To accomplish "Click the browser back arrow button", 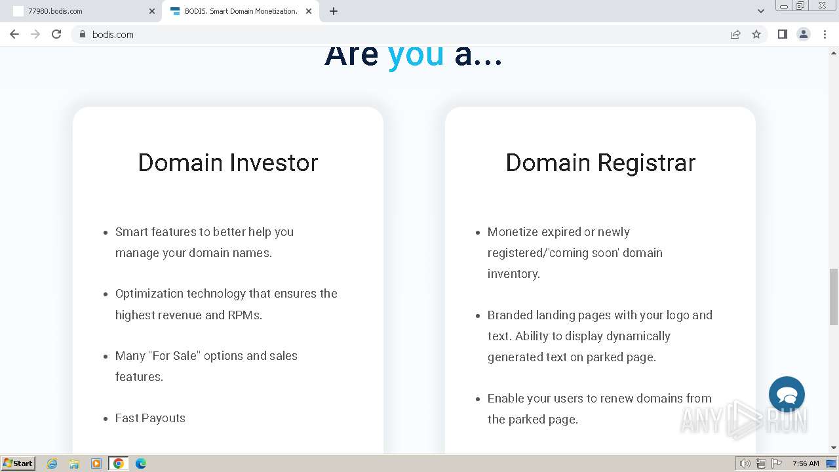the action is pyautogui.click(x=14, y=35).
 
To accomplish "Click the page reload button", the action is pyautogui.click(x=56, y=35).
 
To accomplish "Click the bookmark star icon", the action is pyautogui.click(x=756, y=35).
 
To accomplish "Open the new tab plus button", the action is pyautogui.click(x=334, y=11).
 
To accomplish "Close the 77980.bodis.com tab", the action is pyautogui.click(x=151, y=11).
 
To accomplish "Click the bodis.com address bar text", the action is pyautogui.click(x=113, y=35).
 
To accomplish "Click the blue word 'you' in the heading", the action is pyautogui.click(x=416, y=56).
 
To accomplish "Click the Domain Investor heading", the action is pyautogui.click(x=228, y=163).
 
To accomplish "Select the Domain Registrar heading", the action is pyautogui.click(x=600, y=163).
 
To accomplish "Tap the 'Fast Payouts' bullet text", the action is pyautogui.click(x=150, y=418).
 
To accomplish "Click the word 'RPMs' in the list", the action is pyautogui.click(x=244, y=315).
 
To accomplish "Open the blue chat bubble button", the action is pyautogui.click(x=787, y=394).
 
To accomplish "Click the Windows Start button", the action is pyautogui.click(x=18, y=463).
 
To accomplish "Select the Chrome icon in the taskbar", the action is pyautogui.click(x=119, y=463).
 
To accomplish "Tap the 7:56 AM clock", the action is pyautogui.click(x=806, y=463).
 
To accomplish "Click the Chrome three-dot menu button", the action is pyautogui.click(x=825, y=35).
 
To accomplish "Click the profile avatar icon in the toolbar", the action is pyautogui.click(x=804, y=35).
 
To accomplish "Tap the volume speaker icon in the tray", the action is pyautogui.click(x=745, y=463).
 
